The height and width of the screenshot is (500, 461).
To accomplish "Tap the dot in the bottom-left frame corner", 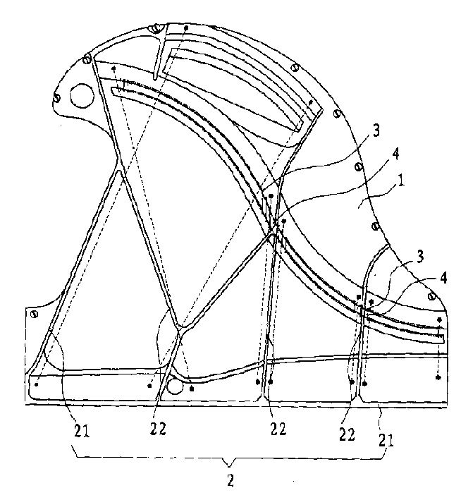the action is coord(35,384).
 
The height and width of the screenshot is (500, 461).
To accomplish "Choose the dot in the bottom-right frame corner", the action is coord(438,377).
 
